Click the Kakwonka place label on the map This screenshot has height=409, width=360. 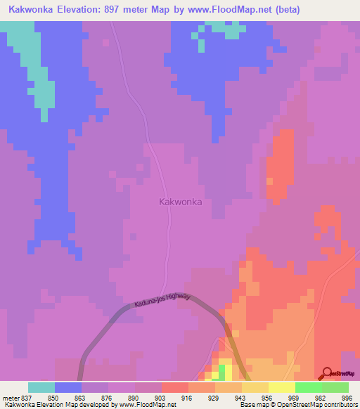[x=181, y=202]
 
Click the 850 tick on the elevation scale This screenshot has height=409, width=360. [x=41, y=398]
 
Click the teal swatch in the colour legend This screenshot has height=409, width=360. [x=41, y=387]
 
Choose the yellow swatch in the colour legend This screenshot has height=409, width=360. [x=281, y=387]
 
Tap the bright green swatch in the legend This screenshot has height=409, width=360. [x=308, y=387]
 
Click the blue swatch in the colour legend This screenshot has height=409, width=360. [x=68, y=387]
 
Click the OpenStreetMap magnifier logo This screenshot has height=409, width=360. [x=327, y=374]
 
